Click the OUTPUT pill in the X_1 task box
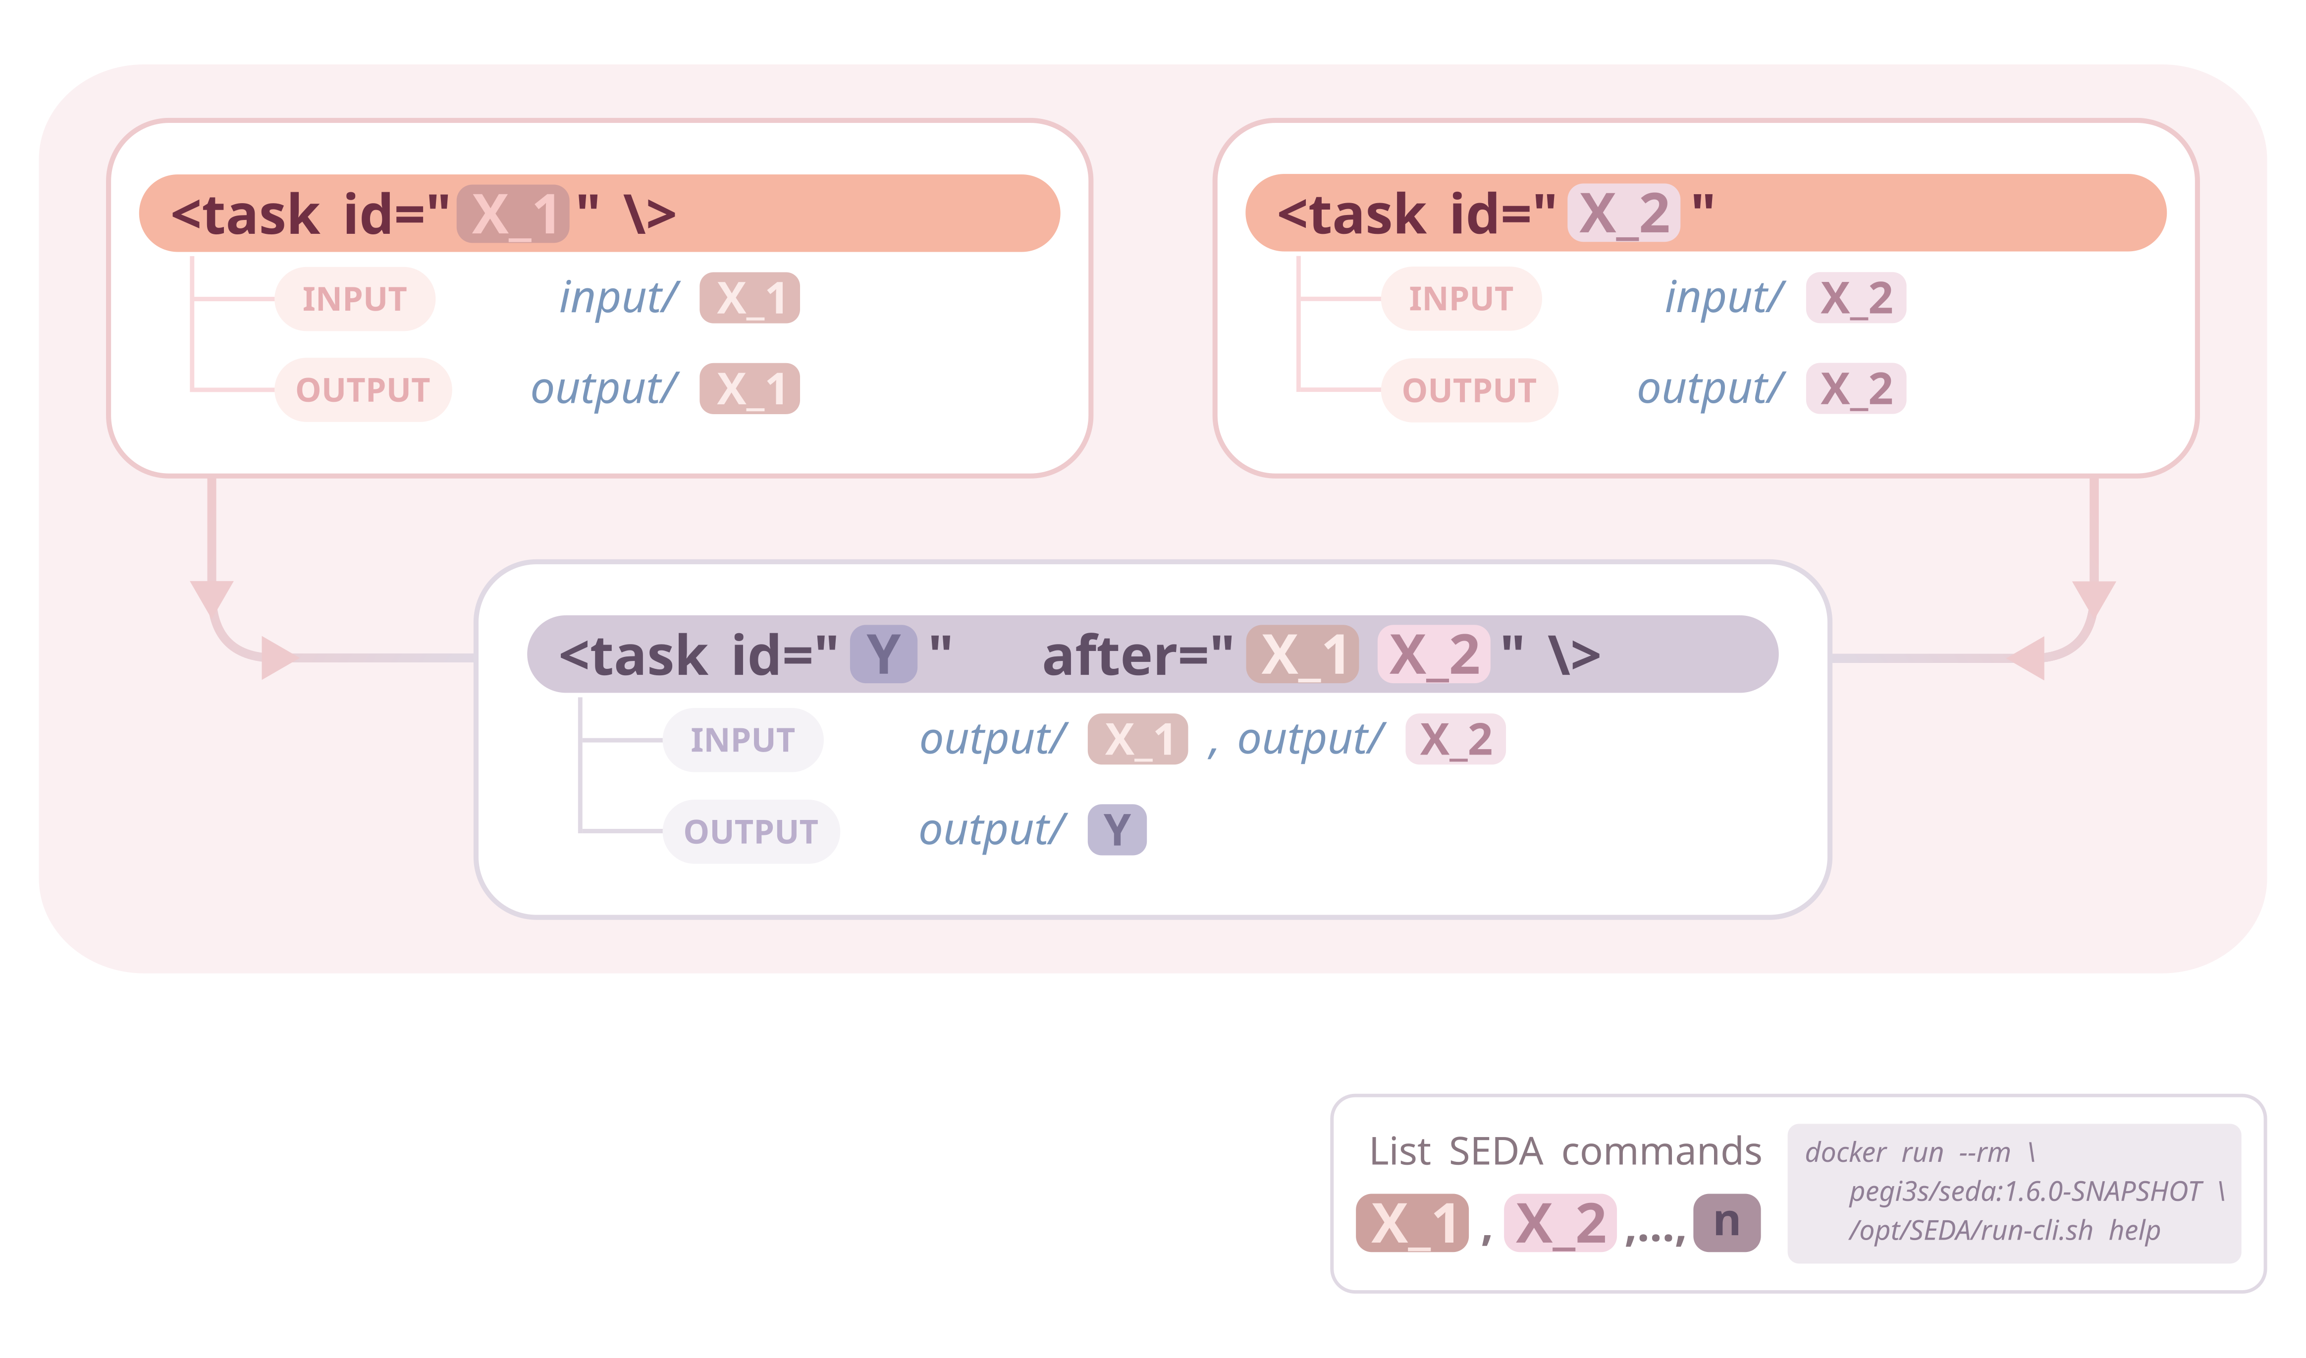coord(363,390)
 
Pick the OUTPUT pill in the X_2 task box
coord(1469,390)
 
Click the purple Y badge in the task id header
coord(883,654)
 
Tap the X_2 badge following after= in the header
coord(1433,654)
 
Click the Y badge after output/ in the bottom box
coord(1117,830)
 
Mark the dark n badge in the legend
coord(1726,1223)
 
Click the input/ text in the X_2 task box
coord(1724,297)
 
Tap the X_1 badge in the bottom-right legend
coord(1412,1223)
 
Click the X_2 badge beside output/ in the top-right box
coord(1855,389)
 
